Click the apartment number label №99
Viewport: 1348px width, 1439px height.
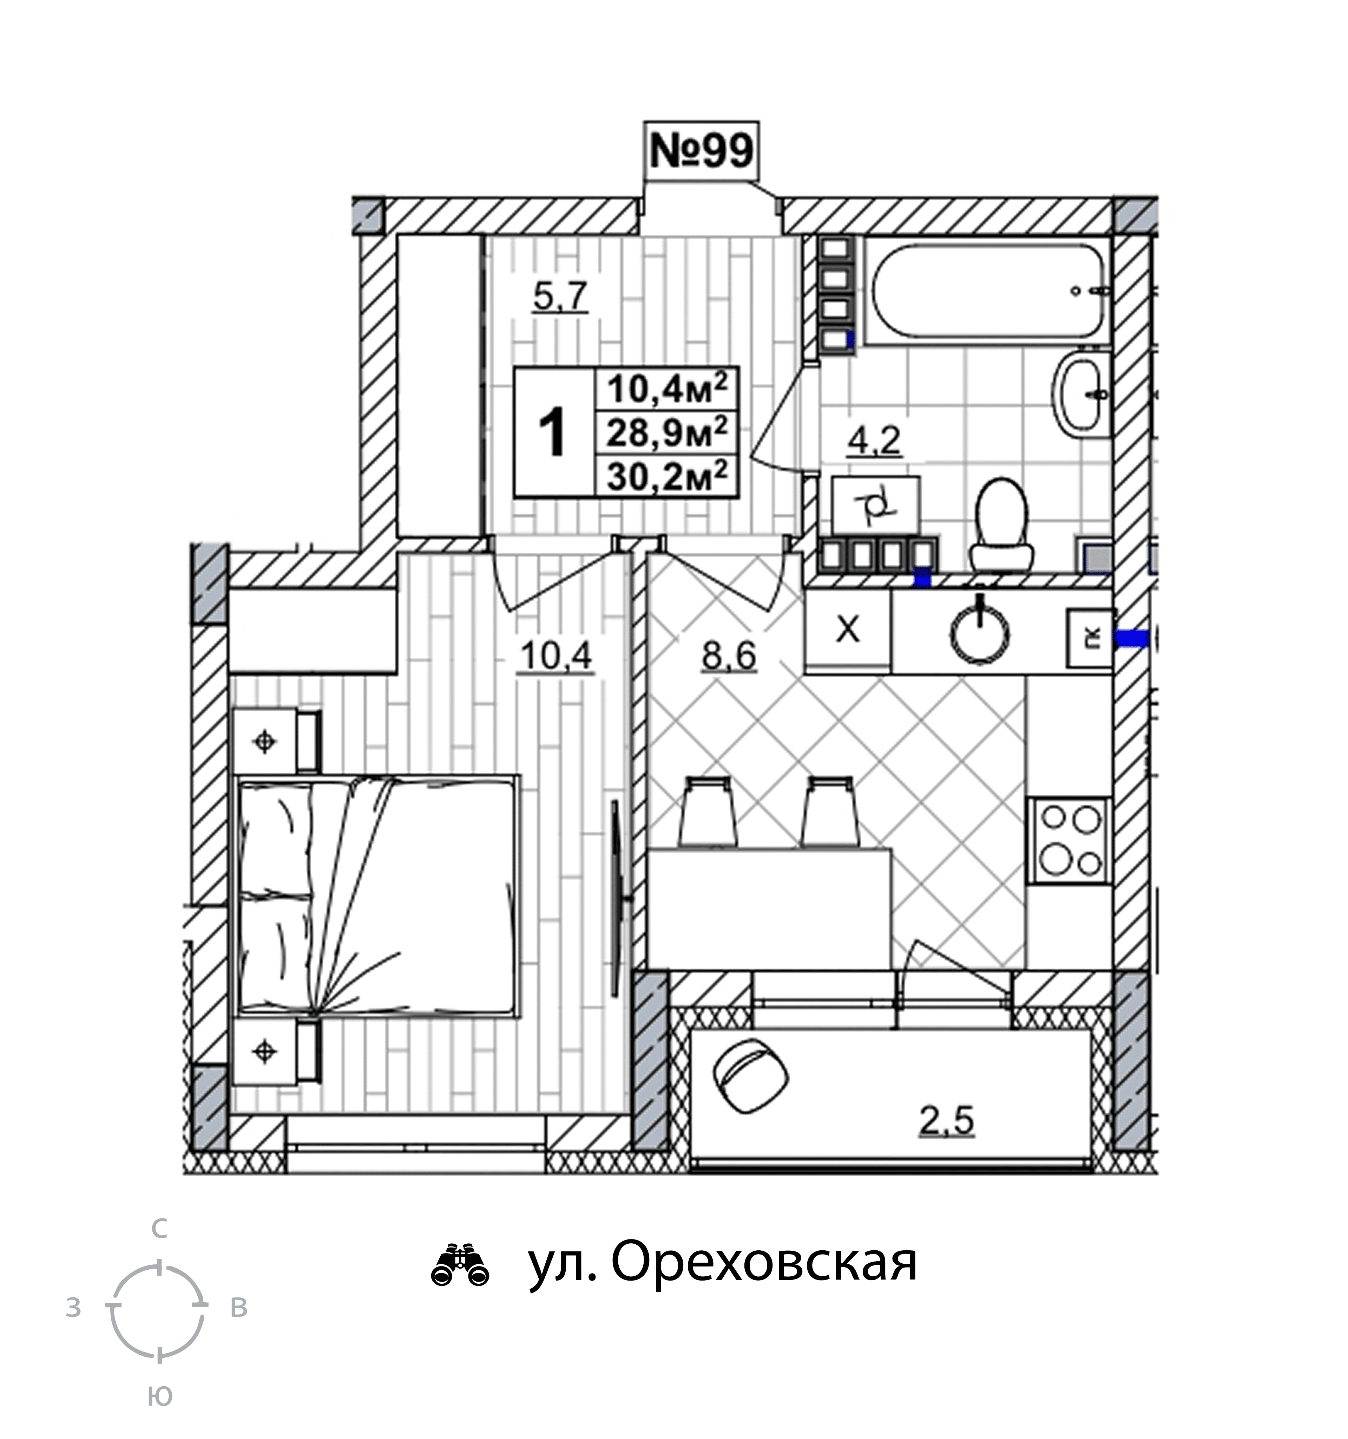pos(701,151)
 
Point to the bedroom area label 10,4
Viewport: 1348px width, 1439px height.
pos(556,656)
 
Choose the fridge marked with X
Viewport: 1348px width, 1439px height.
pos(848,630)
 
